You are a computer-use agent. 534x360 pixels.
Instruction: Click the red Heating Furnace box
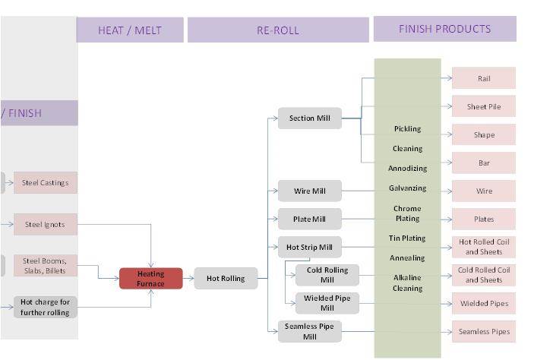pyautogui.click(x=150, y=279)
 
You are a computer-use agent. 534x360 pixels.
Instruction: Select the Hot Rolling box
pyautogui.click(x=226, y=279)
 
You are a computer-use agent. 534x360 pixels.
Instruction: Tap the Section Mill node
pyautogui.click(x=309, y=118)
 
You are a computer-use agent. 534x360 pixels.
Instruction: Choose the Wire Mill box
pyautogui.click(x=309, y=191)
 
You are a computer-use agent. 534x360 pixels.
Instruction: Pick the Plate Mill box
pyautogui.click(x=309, y=219)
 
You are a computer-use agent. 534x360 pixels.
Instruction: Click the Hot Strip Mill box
pyautogui.click(x=309, y=248)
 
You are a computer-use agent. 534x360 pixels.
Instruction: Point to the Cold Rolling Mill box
pyautogui.click(x=327, y=275)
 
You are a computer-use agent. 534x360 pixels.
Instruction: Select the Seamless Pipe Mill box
pyautogui.click(x=309, y=331)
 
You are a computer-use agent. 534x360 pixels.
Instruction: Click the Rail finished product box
pyautogui.click(x=484, y=78)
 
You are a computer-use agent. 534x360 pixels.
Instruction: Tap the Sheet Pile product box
pyautogui.click(x=484, y=107)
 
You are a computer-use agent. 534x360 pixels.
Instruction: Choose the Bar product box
pyautogui.click(x=484, y=163)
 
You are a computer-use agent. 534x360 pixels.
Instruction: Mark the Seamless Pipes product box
pyautogui.click(x=484, y=332)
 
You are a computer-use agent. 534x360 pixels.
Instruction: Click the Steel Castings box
pyautogui.click(x=45, y=183)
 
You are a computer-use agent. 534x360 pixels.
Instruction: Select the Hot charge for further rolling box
pyautogui.click(x=45, y=307)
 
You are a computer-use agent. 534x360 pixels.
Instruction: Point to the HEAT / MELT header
pyautogui.click(x=130, y=30)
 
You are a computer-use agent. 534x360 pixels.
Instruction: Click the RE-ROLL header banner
pyautogui.click(x=278, y=30)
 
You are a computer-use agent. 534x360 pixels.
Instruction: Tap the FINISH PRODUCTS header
pyautogui.click(x=444, y=29)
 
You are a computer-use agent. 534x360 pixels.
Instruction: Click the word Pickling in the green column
pyautogui.click(x=407, y=129)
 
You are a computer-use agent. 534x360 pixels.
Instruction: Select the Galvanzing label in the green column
pyautogui.click(x=407, y=188)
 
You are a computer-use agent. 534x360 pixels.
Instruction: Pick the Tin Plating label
pyautogui.click(x=407, y=238)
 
